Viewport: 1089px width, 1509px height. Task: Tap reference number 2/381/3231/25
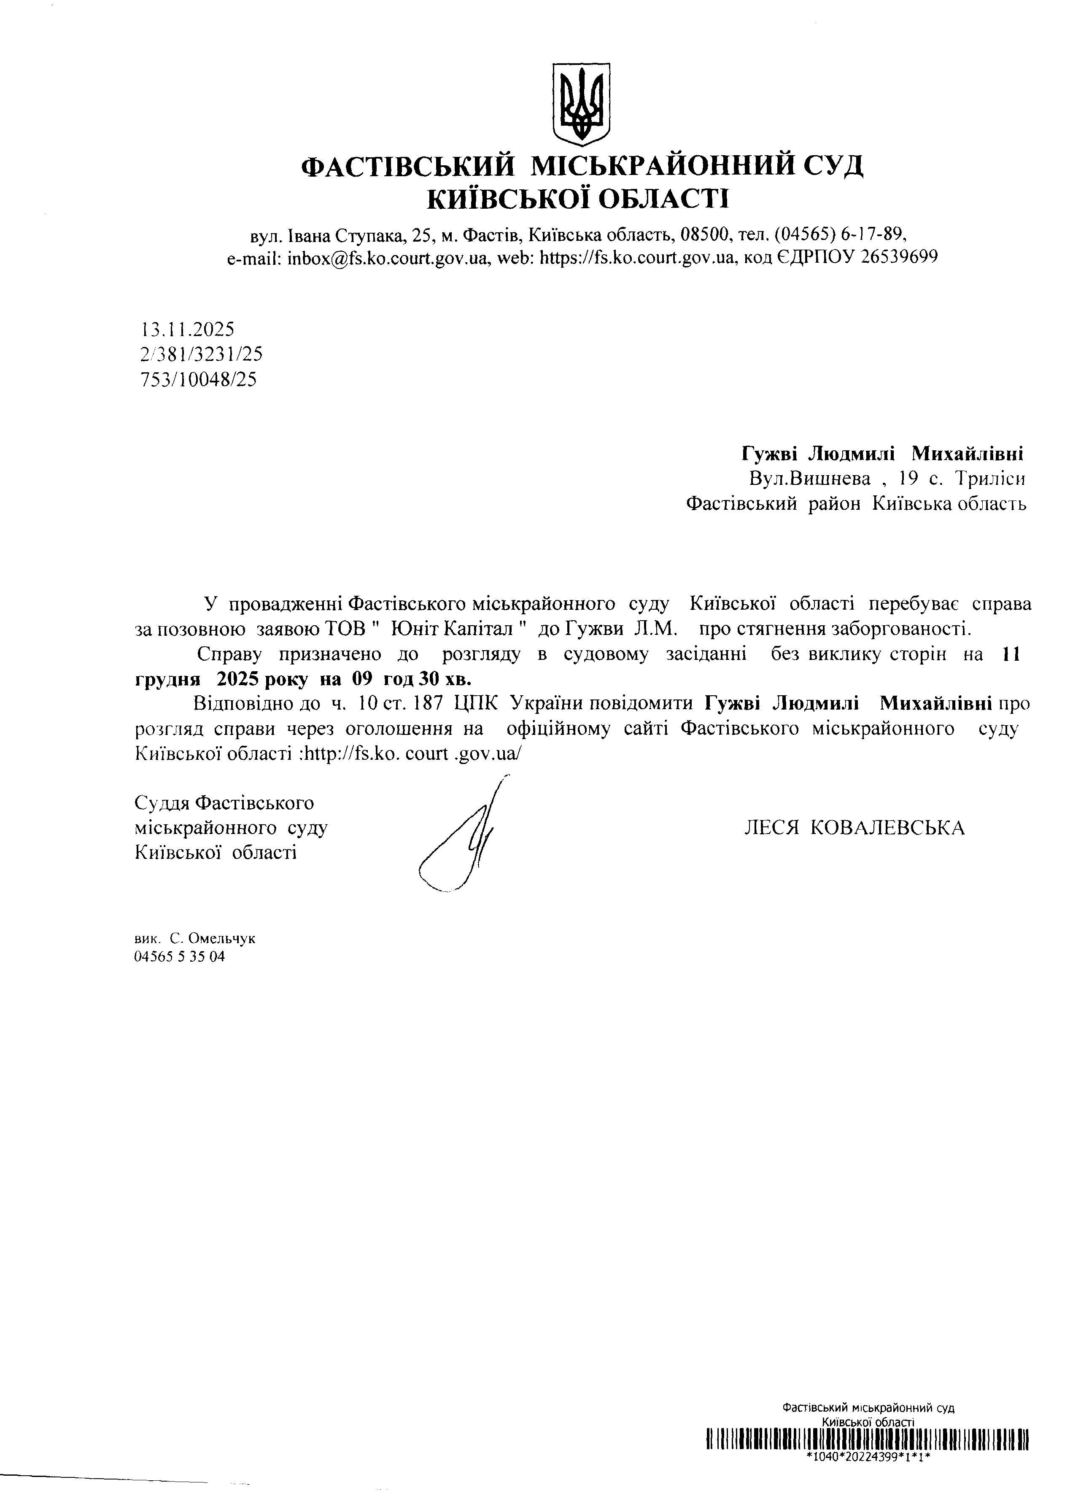coord(201,355)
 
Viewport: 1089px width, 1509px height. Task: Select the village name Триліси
coord(989,479)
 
